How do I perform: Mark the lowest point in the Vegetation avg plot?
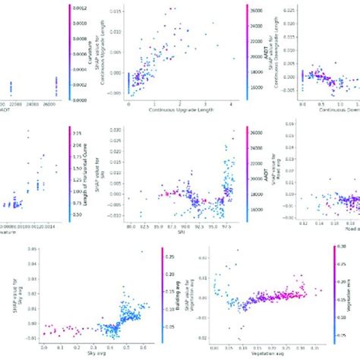pos(243,339)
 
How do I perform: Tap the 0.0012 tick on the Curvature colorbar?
pos(76,8)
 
